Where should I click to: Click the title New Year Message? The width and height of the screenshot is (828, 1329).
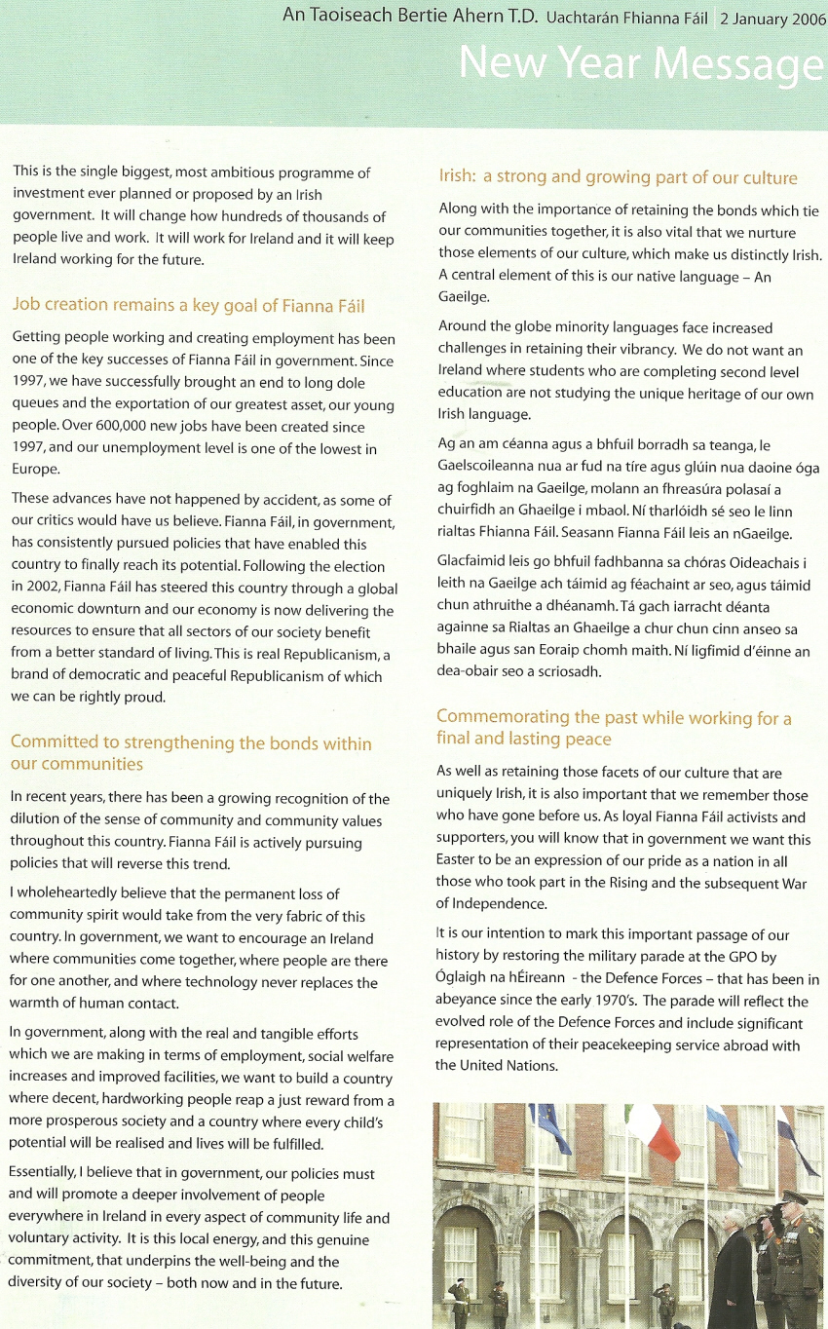coord(642,63)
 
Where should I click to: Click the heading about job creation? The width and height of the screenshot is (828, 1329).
coord(188,305)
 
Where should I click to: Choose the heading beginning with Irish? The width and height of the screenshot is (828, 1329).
coord(618,177)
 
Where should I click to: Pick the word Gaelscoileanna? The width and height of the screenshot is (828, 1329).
coord(491,467)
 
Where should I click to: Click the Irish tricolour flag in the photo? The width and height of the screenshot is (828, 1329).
coord(653,1131)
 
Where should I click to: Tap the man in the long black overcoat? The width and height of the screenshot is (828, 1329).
coord(733,1267)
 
